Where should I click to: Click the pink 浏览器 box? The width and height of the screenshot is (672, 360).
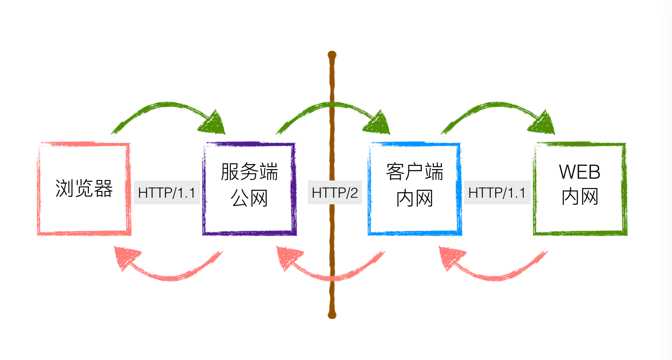(84, 212)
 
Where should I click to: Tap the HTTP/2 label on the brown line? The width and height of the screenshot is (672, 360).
(335, 193)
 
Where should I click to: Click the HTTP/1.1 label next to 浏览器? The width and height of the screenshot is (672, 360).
(167, 193)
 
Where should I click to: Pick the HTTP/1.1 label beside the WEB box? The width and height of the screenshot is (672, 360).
(497, 193)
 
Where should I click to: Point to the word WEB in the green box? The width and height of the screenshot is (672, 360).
(580, 172)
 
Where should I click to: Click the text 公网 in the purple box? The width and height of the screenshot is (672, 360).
(249, 198)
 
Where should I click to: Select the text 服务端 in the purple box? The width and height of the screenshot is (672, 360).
(249, 172)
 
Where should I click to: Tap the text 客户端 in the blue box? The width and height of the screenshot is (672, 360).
(414, 172)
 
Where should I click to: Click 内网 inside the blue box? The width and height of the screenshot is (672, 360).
(414, 198)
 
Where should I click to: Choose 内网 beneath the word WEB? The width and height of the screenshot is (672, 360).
(580, 197)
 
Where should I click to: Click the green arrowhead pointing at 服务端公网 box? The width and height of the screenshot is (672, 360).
(214, 123)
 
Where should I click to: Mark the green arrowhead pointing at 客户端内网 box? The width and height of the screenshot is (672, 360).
(378, 123)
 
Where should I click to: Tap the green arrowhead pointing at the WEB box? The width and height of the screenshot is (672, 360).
(543, 123)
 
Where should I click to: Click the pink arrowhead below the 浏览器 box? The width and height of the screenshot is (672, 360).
(126, 257)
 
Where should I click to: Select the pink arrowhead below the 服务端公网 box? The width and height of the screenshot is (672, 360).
(289, 257)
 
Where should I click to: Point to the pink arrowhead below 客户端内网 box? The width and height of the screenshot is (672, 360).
(451, 257)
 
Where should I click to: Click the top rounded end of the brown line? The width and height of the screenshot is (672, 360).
(332, 56)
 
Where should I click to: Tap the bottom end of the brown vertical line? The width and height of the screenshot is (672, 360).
(332, 314)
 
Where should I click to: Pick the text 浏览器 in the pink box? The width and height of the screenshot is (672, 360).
(84, 188)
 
